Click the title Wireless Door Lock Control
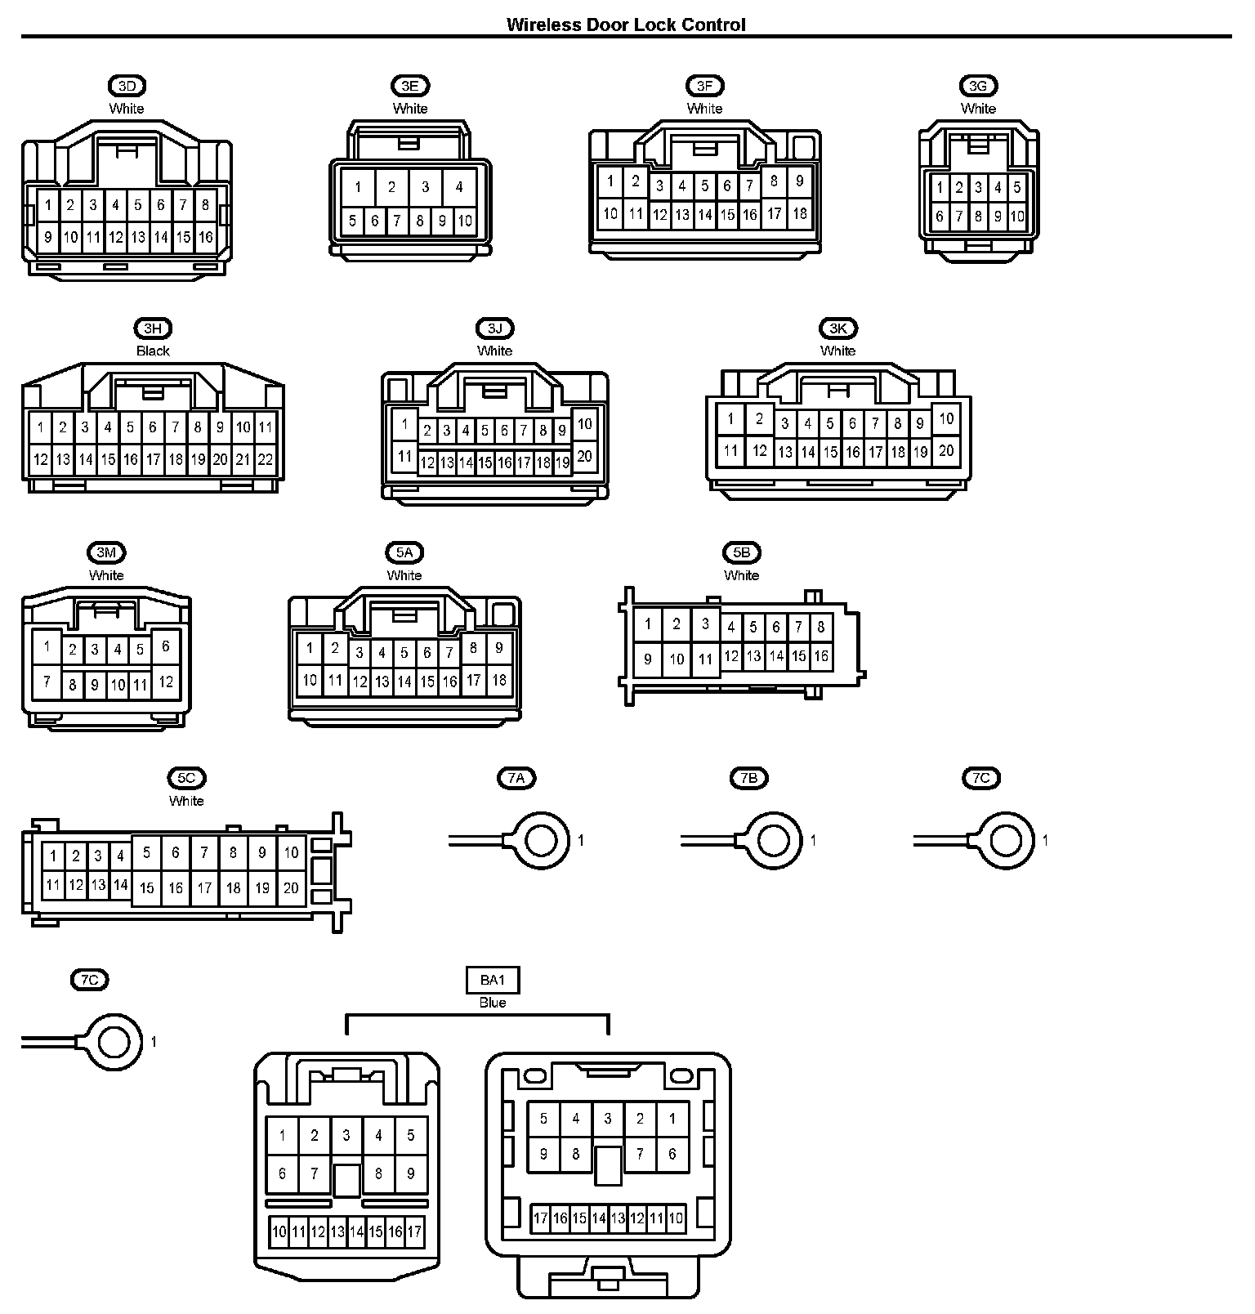click(626, 25)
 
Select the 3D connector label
click(127, 86)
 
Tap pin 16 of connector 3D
click(206, 237)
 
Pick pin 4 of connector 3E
click(459, 187)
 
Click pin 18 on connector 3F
click(800, 213)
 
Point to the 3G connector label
click(978, 86)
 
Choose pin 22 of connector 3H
click(265, 459)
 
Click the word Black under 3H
click(153, 351)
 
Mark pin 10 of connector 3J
click(584, 423)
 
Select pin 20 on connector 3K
click(946, 449)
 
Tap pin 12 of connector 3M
click(166, 682)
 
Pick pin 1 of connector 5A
click(309, 649)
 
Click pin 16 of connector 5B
click(821, 655)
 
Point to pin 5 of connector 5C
click(146, 852)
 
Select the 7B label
click(748, 778)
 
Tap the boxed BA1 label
click(493, 980)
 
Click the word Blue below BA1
click(493, 1003)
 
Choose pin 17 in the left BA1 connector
click(415, 1231)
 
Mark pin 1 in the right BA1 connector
click(672, 1119)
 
